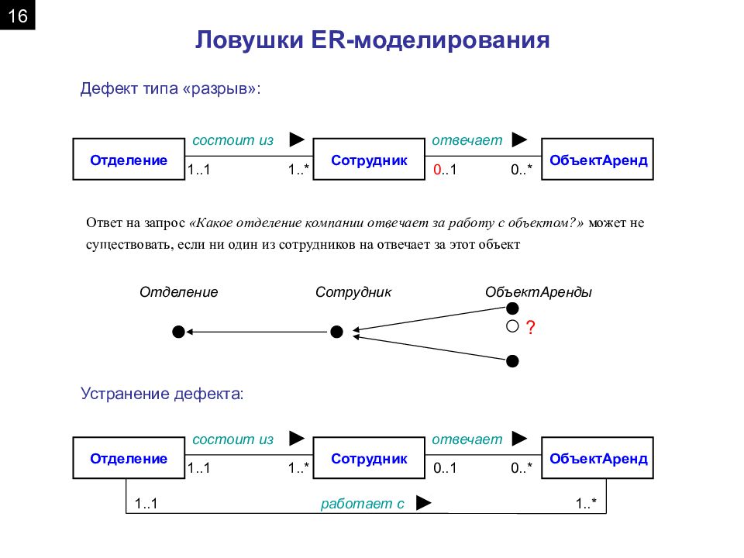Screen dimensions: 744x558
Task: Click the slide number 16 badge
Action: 18,15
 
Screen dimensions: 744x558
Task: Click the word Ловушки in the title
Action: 250,40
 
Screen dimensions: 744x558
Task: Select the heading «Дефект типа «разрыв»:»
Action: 170,88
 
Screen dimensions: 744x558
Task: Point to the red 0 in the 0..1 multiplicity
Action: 437,170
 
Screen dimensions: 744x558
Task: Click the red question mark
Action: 530,327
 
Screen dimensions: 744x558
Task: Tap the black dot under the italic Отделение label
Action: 178,332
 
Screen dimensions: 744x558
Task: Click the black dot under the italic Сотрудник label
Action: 336,332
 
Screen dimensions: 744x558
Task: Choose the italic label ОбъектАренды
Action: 539,292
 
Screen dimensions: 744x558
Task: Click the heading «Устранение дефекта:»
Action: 162,394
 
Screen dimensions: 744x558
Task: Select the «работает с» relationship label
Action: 363,504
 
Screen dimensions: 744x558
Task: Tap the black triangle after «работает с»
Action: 424,503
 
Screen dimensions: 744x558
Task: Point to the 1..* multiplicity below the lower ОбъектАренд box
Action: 586,504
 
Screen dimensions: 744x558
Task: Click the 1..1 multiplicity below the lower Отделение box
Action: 146,504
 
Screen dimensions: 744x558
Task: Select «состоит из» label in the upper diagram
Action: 233,140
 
